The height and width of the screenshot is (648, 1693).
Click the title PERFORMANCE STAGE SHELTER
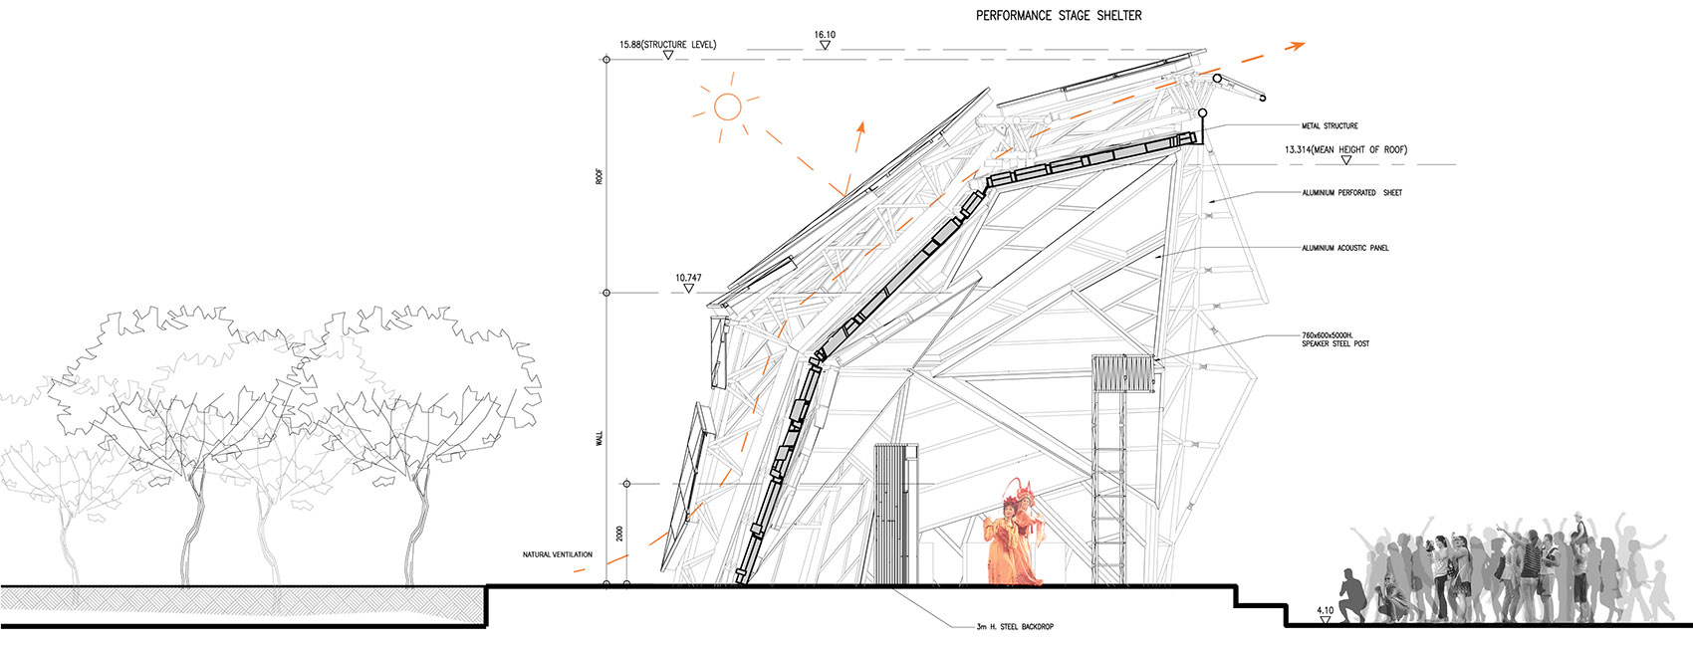coord(1058,15)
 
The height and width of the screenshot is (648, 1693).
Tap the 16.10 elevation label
coord(825,35)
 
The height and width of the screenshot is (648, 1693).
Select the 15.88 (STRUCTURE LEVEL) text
coord(667,45)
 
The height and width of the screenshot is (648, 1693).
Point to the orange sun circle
coord(728,108)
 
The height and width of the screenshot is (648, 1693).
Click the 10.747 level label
coord(688,278)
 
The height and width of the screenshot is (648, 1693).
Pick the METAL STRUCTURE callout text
coord(1330,126)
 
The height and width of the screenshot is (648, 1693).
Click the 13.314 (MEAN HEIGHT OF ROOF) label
coord(1345,149)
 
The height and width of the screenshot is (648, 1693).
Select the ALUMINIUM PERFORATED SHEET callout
coord(1351,192)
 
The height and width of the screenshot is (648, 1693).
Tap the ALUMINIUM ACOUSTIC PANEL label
coord(1344,248)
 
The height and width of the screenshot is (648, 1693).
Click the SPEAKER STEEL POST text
coord(1334,343)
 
